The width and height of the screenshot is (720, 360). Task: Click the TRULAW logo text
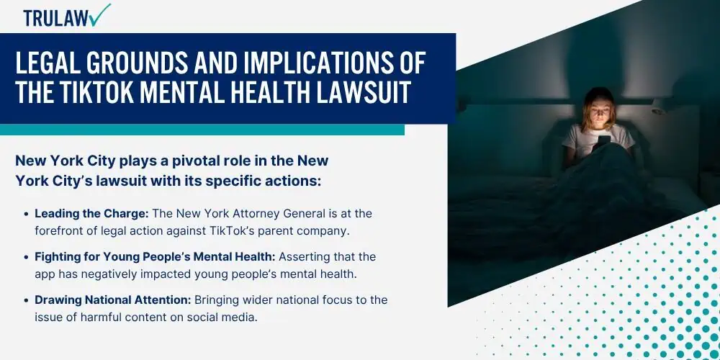pyautogui.click(x=57, y=18)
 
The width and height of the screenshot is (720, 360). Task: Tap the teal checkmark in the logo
pyautogui.click(x=101, y=14)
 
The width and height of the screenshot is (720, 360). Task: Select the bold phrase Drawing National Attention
pyautogui.click(x=113, y=300)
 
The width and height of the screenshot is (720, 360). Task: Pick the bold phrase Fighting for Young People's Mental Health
pyautogui.click(x=155, y=257)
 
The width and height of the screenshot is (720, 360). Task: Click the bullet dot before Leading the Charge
pyautogui.click(x=26, y=214)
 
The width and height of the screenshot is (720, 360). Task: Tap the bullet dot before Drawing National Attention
pyautogui.click(x=26, y=300)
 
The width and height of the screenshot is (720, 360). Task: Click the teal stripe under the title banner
pyautogui.click(x=202, y=130)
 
